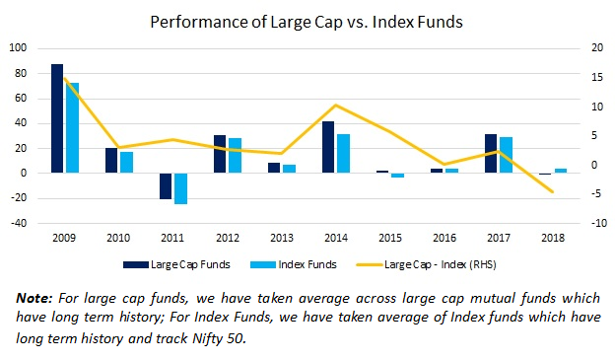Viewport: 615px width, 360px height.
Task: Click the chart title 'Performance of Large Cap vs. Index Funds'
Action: [x=307, y=20]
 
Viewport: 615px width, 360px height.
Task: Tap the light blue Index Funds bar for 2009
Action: [x=73, y=127]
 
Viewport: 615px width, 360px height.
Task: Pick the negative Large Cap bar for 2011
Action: [x=166, y=185]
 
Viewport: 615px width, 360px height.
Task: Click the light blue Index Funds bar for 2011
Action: [x=181, y=188]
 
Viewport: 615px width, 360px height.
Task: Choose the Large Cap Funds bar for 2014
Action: [x=328, y=147]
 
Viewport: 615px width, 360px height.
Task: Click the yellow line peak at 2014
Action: [x=336, y=105]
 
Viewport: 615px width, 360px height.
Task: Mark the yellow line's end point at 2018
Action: [x=553, y=192]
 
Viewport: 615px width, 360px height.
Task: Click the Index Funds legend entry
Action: [x=299, y=264]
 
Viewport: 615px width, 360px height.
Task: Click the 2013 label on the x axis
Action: [x=282, y=239]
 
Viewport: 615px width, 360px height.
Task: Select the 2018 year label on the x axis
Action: [x=553, y=239]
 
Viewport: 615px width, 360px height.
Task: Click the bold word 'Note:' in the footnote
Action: [x=35, y=297]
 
